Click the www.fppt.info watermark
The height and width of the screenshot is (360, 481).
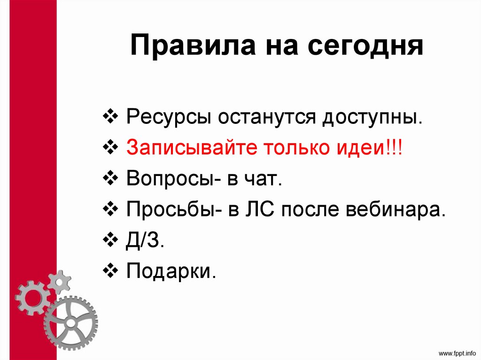point(457,352)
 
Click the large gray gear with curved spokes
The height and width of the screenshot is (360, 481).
point(70,322)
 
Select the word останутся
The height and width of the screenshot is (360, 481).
point(266,116)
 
